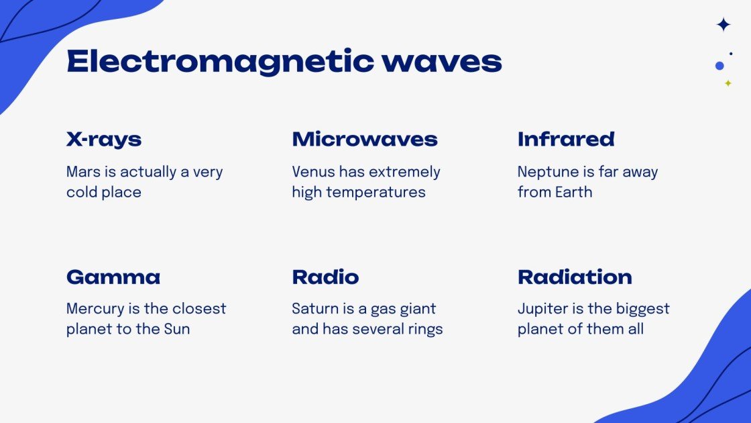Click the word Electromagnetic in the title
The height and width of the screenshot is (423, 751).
[x=219, y=62]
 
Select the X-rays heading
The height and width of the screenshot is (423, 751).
[x=104, y=140]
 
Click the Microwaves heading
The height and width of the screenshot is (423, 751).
[x=365, y=140]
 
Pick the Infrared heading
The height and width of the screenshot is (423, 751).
[x=566, y=140]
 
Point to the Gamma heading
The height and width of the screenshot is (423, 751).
[x=113, y=277]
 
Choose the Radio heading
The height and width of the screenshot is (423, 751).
[x=325, y=277]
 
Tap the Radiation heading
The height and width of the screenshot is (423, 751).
[x=575, y=277]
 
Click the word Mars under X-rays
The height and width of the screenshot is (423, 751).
[x=82, y=172]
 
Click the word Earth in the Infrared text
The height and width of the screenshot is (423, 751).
[x=573, y=192]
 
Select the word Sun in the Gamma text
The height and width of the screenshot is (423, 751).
[x=177, y=329]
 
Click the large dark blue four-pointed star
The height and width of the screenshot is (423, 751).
[x=724, y=25]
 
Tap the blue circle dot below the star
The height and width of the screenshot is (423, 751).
[x=719, y=66]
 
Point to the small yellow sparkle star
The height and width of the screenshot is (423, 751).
[x=728, y=83]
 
